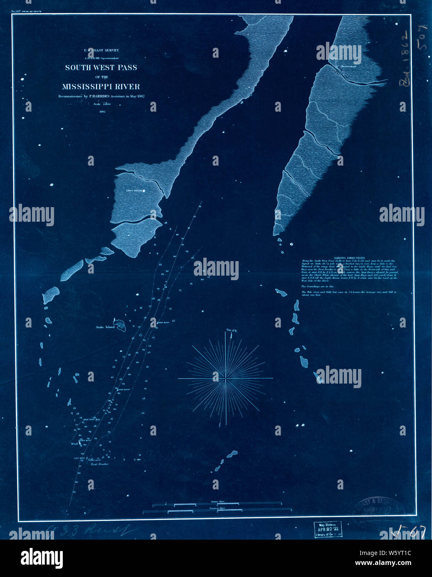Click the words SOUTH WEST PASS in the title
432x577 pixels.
click(101, 67)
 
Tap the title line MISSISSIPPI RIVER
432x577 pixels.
click(101, 87)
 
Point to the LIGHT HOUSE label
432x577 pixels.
click(134, 191)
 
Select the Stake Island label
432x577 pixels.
click(105, 327)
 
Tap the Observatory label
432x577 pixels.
click(348, 66)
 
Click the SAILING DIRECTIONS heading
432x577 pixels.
click(352, 258)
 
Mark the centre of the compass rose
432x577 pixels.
click(226, 379)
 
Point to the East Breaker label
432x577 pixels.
click(100, 464)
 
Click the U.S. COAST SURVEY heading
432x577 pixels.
click(101, 50)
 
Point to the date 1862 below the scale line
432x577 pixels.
click(101, 111)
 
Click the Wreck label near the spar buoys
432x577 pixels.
click(75, 444)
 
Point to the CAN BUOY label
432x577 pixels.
click(79, 458)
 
